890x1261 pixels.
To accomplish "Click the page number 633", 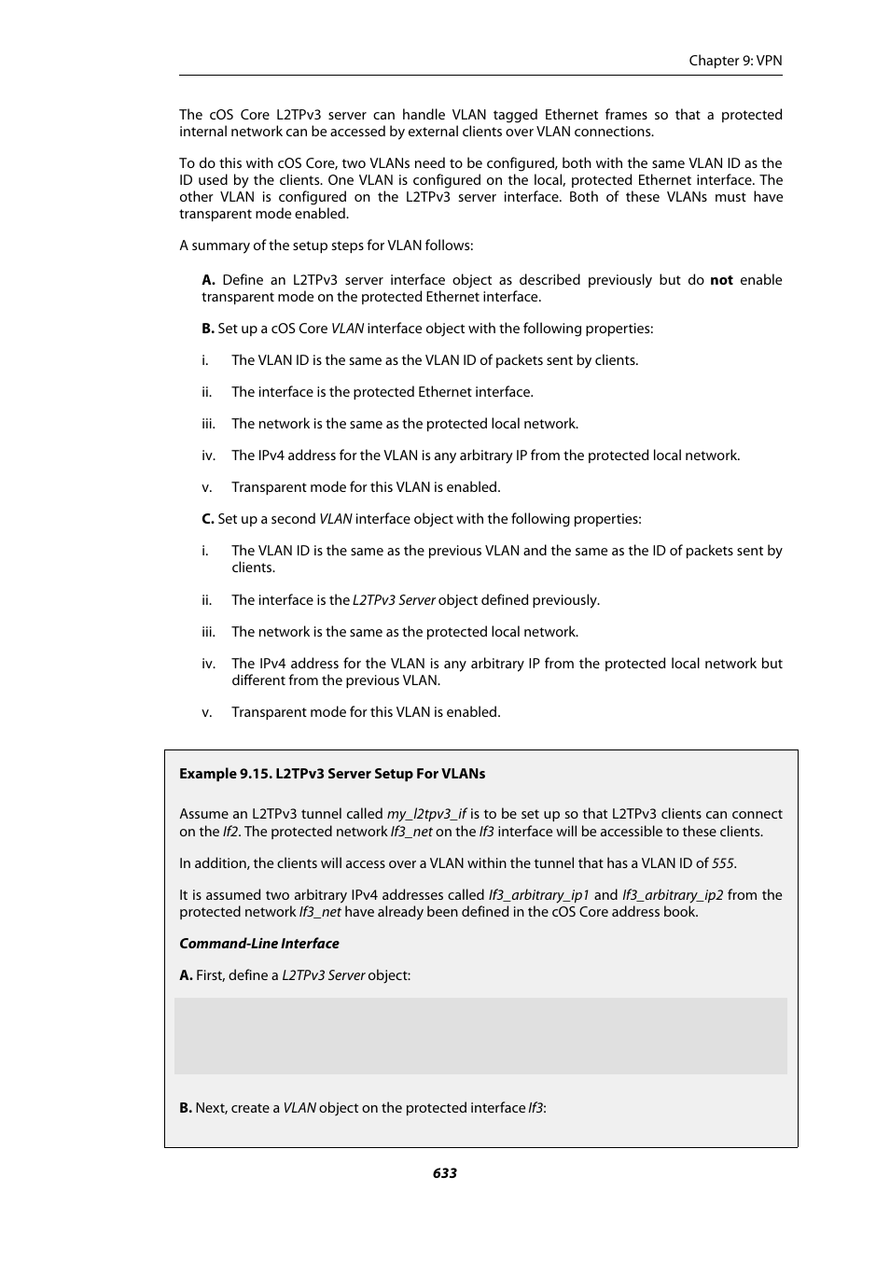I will tap(444, 1173).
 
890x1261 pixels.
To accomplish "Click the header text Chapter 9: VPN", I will tap(735, 61).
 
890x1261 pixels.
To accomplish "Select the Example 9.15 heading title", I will tap(332, 774).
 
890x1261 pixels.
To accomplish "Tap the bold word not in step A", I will tap(721, 280).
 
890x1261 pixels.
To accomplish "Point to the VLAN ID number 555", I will tap(723, 863).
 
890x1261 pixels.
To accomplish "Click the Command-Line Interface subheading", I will tap(259, 944).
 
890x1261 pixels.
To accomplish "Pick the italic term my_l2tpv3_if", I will tap(426, 814).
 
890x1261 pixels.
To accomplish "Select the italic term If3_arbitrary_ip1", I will tap(539, 895).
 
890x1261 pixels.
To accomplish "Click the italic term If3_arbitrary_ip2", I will tap(673, 895).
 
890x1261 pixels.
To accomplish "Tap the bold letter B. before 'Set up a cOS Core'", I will tap(208, 329).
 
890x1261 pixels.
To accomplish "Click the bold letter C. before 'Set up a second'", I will tap(208, 519).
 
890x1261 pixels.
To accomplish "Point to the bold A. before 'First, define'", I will tap(186, 975).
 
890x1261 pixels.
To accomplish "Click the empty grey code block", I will tap(480, 1036).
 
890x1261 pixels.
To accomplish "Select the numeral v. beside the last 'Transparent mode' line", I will tap(207, 712).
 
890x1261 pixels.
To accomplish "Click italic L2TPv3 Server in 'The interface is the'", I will tap(394, 600).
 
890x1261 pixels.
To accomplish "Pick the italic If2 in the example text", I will tap(230, 832).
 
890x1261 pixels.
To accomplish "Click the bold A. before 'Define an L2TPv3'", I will tap(209, 280).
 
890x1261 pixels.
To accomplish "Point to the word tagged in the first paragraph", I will tap(515, 115).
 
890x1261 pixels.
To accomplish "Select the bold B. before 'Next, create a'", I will tap(186, 1108).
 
